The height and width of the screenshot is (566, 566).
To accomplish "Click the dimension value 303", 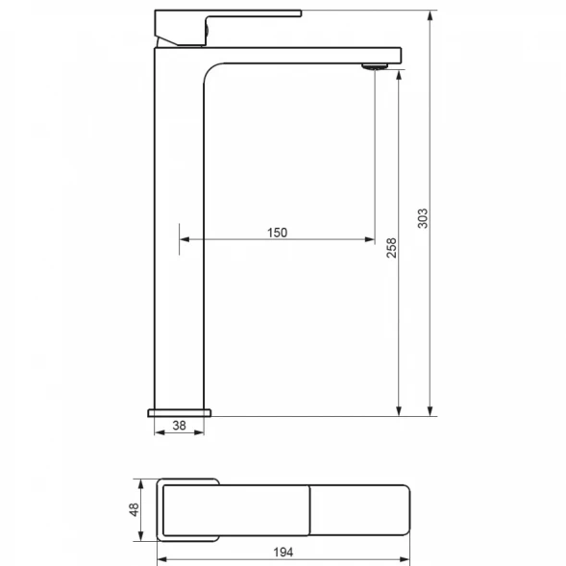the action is [x=422, y=218].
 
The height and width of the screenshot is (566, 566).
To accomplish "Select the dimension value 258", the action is [x=391, y=248].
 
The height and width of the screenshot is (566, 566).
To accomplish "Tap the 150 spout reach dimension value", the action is [x=277, y=233].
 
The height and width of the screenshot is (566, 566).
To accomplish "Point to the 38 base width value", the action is [x=180, y=426].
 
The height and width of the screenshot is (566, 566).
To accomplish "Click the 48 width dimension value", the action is [x=134, y=509].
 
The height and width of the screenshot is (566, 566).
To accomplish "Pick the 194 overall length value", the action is [x=283, y=553].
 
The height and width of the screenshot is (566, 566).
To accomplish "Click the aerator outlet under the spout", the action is [x=375, y=66].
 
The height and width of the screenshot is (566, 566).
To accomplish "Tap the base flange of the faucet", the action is [x=180, y=413].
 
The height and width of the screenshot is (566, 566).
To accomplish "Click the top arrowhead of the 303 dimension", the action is [x=430, y=16].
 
